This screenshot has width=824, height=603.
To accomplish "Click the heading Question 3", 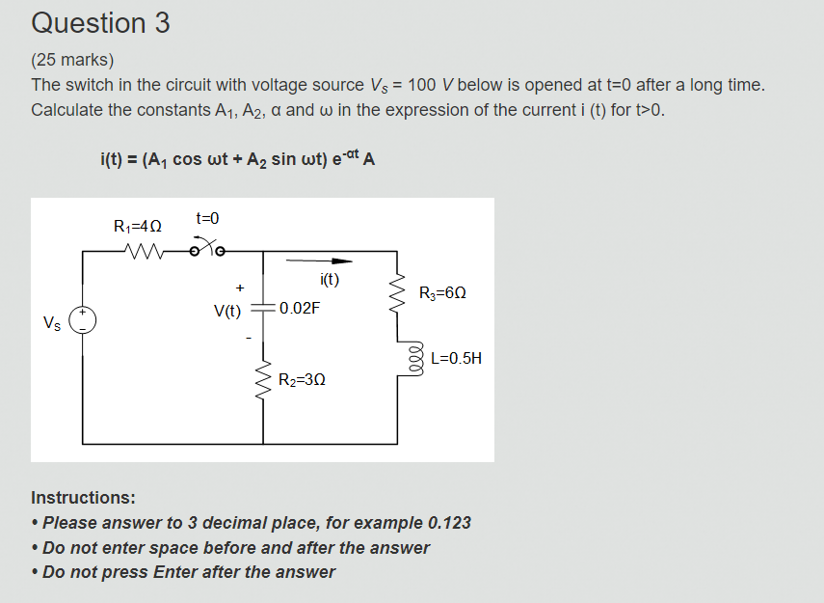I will click(100, 23).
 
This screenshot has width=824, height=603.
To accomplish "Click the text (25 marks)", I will click(72, 61).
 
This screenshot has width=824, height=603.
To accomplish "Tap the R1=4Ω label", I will click(138, 227).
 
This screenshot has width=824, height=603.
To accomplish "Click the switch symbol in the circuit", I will click(206, 251).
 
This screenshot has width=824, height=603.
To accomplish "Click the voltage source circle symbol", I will click(83, 320).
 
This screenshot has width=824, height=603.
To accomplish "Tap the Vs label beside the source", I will click(51, 322).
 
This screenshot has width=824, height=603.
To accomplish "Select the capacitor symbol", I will click(263, 310).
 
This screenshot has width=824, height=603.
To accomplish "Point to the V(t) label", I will click(228, 311).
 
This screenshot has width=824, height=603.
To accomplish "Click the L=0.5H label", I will click(456, 358).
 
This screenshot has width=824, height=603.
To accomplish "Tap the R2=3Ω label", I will click(302, 380).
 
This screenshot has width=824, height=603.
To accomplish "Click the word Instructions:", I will click(83, 498).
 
